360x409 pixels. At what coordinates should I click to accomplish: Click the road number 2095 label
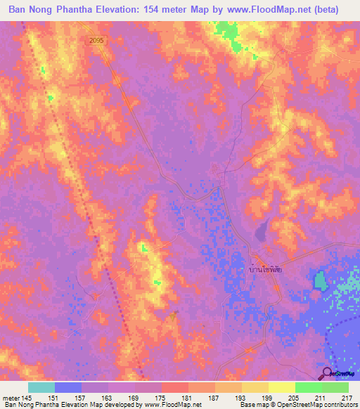point(97,41)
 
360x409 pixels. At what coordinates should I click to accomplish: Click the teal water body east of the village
point(320,281)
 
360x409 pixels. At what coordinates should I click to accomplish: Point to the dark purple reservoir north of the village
point(261,229)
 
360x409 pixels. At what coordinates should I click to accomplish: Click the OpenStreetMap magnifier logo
point(328,373)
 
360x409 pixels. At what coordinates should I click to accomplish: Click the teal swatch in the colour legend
point(41,388)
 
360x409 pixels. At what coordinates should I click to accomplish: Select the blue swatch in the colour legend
point(68,388)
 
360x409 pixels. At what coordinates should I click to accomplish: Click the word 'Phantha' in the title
point(87,10)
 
